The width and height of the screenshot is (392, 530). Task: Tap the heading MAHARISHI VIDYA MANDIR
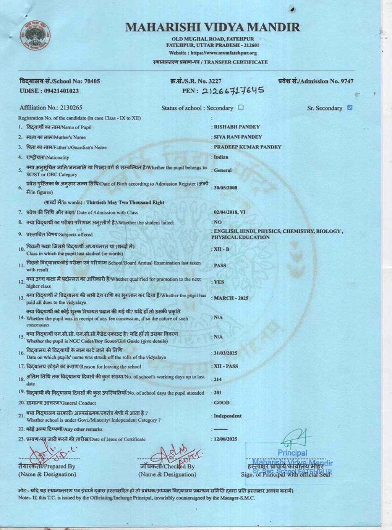(212, 27)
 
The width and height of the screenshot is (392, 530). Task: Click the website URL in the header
(213, 53)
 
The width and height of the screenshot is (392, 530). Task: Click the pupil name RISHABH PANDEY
(237, 127)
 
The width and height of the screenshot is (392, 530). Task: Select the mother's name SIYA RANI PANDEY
(238, 137)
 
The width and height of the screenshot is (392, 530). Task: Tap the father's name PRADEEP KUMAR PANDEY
(247, 147)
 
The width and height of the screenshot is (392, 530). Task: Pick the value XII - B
(221, 249)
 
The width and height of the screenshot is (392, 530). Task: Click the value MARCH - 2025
(231, 298)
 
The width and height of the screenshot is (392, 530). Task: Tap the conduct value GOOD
(222, 403)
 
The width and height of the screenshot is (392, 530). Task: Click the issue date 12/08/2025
(225, 439)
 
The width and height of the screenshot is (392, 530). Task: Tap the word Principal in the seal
(292, 453)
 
